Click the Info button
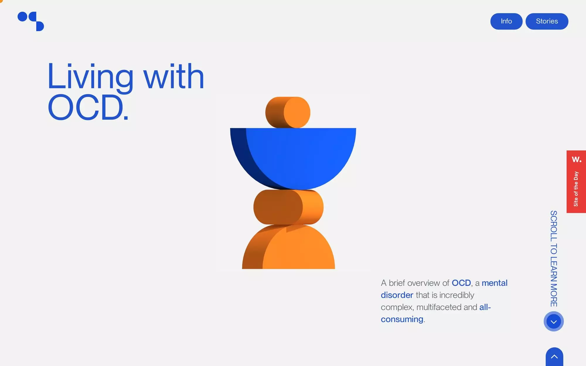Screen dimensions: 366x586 [506, 21]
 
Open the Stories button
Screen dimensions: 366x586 [547, 21]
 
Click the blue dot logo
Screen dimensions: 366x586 [30, 21]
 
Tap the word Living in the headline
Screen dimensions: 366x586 [90, 77]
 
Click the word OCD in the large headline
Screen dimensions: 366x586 [86, 107]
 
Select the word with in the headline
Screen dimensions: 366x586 [173, 77]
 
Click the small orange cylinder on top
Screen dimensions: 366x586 [288, 112]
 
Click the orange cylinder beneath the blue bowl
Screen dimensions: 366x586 [288, 207]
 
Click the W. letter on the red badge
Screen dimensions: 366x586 [576, 160]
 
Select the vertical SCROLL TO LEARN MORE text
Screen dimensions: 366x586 [553, 258]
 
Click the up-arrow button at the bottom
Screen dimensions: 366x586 [554, 357]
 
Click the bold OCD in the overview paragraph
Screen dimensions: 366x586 [461, 283]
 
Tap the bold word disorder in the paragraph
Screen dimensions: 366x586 [397, 295]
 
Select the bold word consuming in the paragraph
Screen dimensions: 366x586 [402, 319]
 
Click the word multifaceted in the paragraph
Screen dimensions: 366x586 [439, 307]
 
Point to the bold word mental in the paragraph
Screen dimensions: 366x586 [494, 283]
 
